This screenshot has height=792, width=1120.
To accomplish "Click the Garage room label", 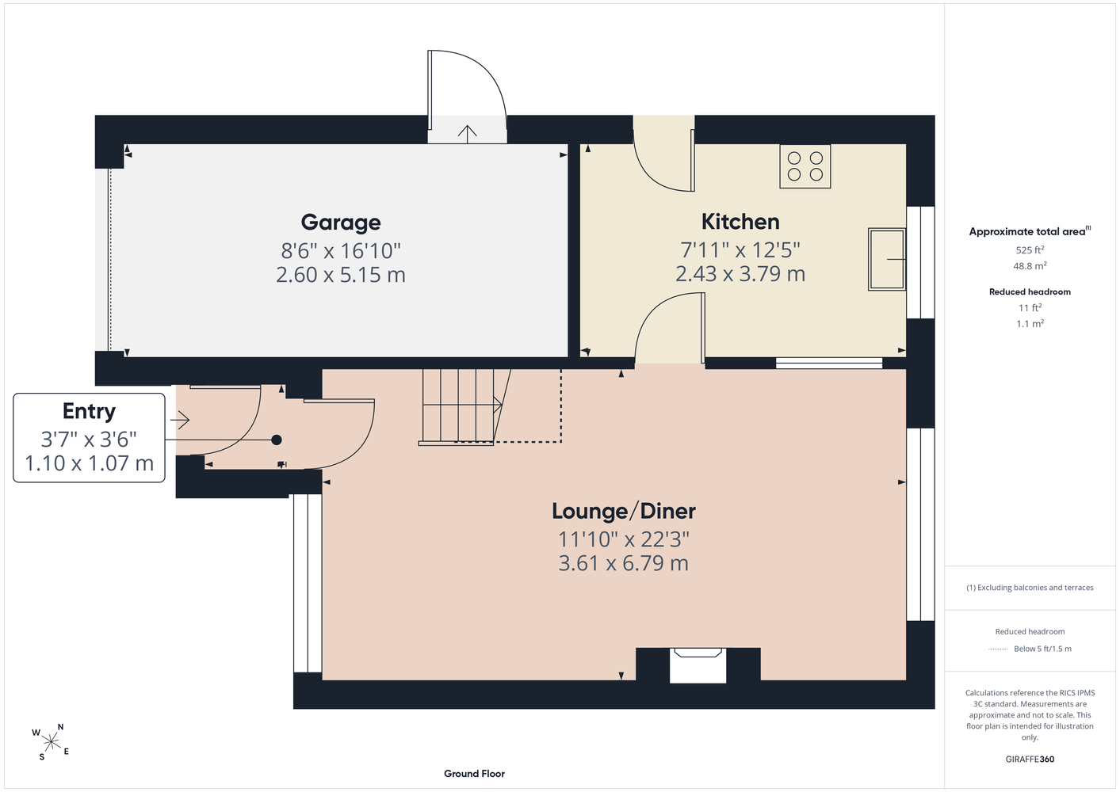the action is pyautogui.click(x=341, y=223).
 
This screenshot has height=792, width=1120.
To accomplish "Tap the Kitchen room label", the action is pyautogui.click(x=740, y=222).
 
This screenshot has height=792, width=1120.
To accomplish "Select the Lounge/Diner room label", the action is pyautogui.click(x=624, y=511).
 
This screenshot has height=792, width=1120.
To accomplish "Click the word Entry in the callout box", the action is pyautogui.click(x=89, y=412).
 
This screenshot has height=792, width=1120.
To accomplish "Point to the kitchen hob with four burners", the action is pyautogui.click(x=805, y=166).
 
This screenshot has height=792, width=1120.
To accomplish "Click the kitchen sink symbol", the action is pyautogui.click(x=887, y=259).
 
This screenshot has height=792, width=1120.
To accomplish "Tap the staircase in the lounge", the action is pyautogui.click(x=465, y=407).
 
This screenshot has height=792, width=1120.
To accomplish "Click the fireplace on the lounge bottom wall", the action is pyautogui.click(x=698, y=665).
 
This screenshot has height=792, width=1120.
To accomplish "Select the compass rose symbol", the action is pyautogui.click(x=51, y=742).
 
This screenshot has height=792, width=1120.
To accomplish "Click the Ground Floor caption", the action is pyautogui.click(x=474, y=774).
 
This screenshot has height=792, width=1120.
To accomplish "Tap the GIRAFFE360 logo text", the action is pyautogui.click(x=1030, y=759).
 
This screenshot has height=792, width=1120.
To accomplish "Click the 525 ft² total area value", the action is pyautogui.click(x=1030, y=249).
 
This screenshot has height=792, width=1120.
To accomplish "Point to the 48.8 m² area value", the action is pyautogui.click(x=1030, y=266).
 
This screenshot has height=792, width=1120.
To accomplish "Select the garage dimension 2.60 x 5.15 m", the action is pyautogui.click(x=341, y=275).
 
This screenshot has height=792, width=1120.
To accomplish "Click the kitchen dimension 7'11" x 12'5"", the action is pyautogui.click(x=740, y=249).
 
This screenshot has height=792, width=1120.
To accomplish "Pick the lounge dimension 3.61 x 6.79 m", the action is pyautogui.click(x=624, y=563).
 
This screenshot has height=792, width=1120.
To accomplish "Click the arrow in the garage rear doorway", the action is pyautogui.click(x=468, y=134).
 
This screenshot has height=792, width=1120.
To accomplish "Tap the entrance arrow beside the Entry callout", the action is pyautogui.click(x=180, y=421).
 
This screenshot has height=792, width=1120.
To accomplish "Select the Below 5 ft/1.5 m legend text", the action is pyautogui.click(x=1042, y=649).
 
